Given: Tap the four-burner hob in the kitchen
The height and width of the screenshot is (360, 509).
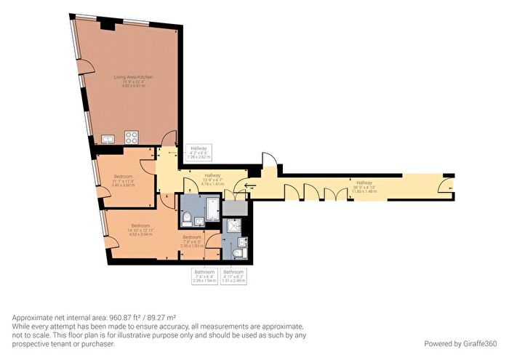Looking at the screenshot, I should (x=133, y=135).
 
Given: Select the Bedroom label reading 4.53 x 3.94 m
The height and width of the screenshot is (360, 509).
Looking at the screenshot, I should (x=140, y=229).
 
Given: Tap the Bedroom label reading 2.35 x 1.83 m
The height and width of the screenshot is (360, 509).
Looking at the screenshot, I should (x=191, y=241).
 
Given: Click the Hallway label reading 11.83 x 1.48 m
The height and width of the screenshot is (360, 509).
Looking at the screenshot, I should (x=364, y=185).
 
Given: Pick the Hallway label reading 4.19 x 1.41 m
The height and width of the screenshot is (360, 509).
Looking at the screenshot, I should (x=212, y=178).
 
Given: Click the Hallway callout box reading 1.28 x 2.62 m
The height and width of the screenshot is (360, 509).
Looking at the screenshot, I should (x=199, y=151).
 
